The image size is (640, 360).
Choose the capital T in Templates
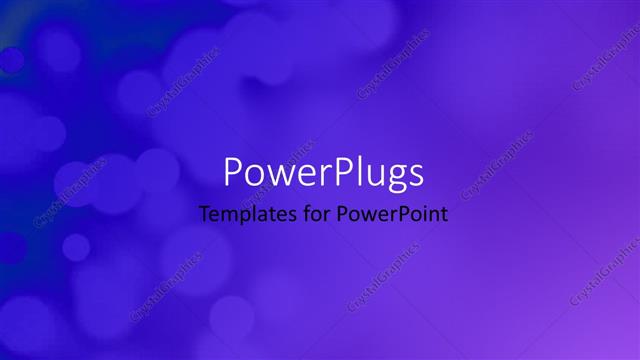tap(205, 213)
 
